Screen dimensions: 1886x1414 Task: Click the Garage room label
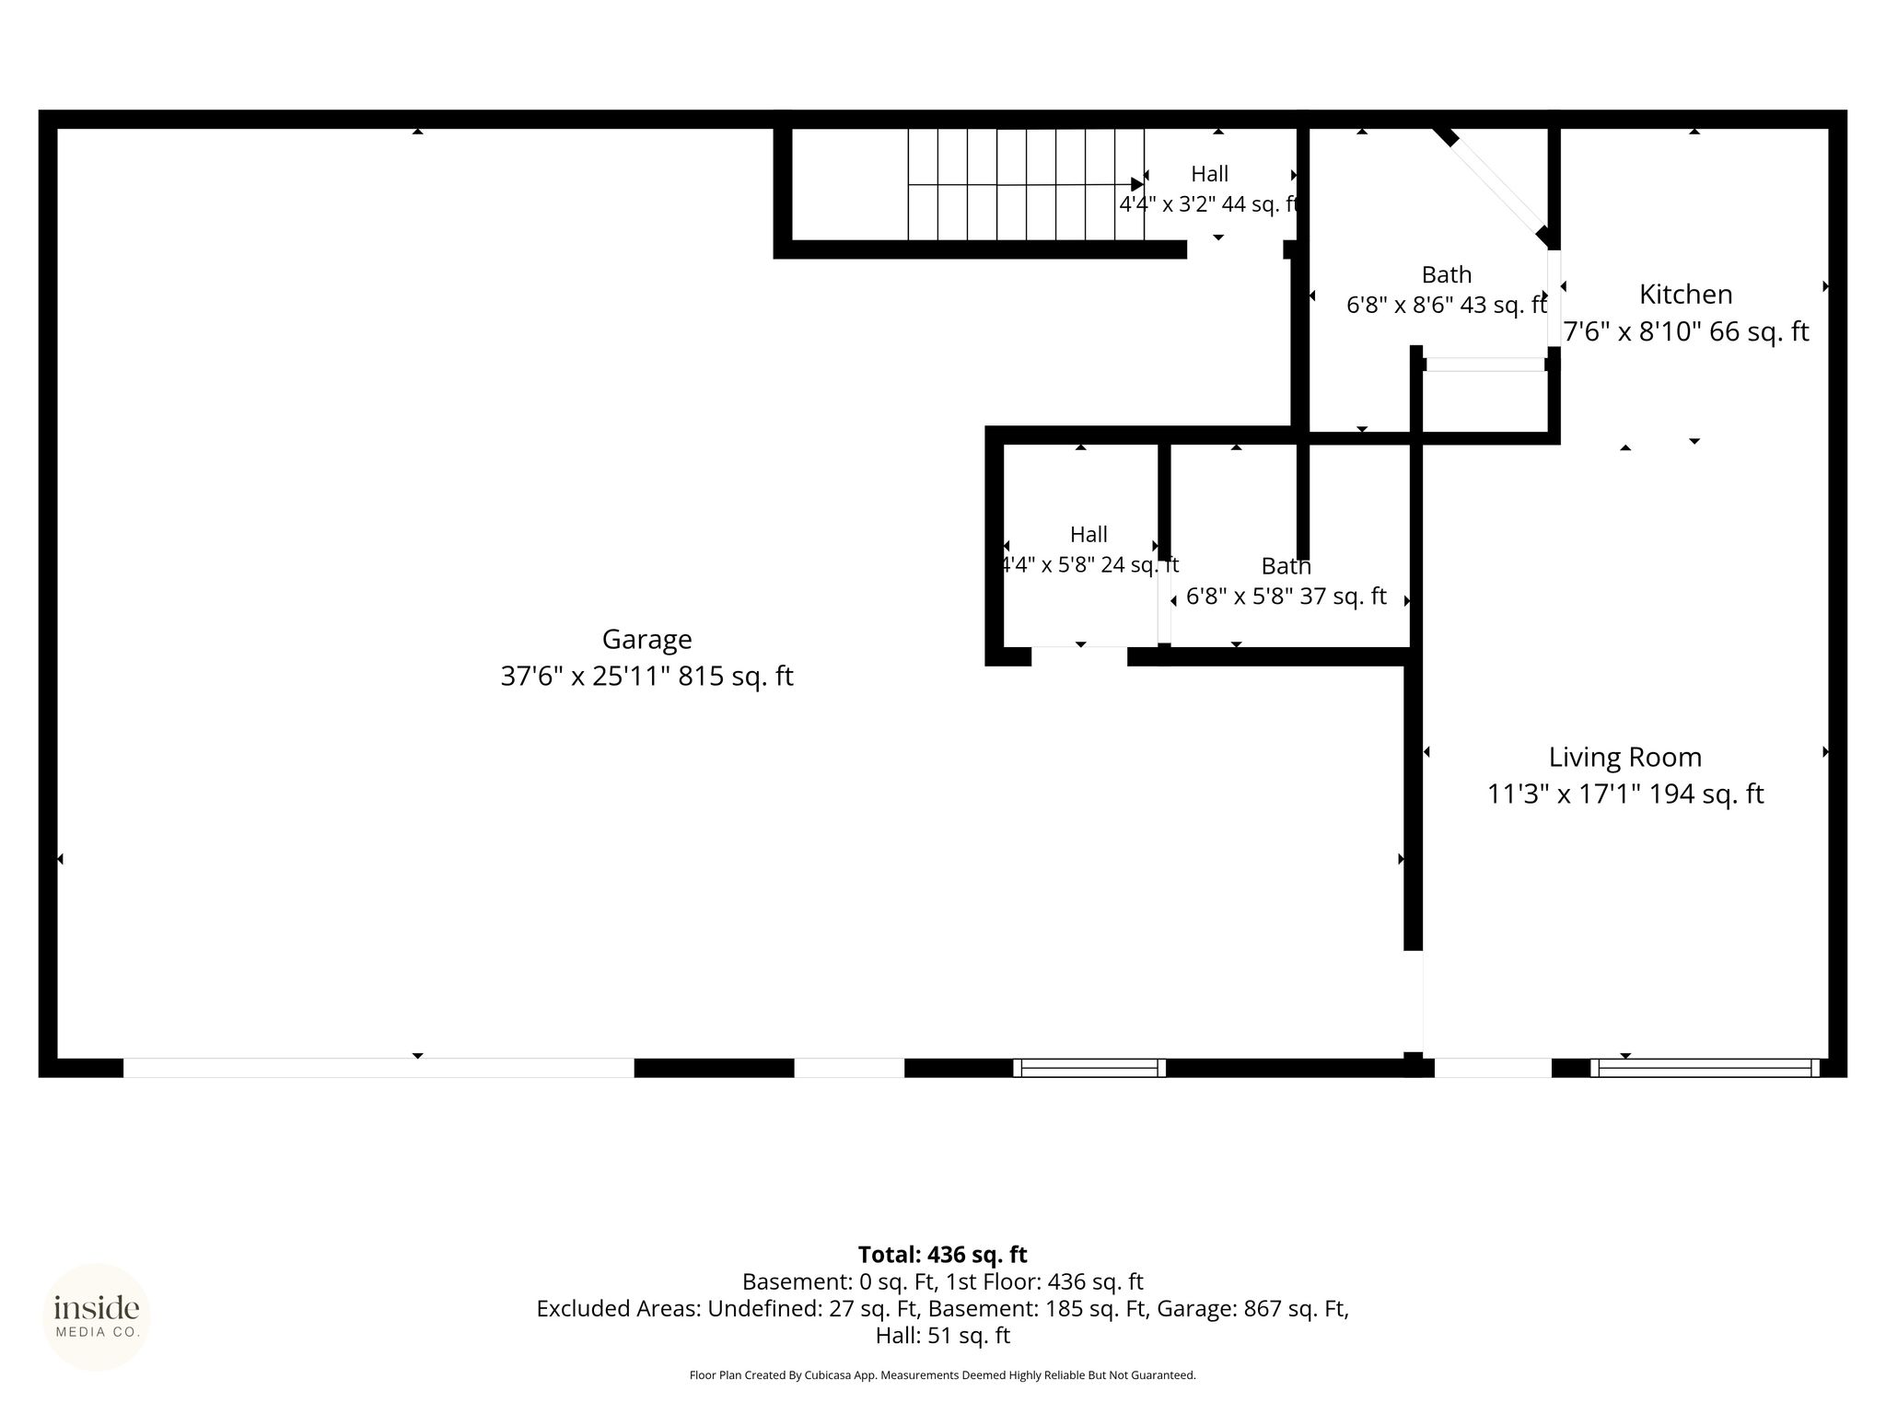(646, 639)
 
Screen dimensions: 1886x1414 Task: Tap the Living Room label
(1624, 758)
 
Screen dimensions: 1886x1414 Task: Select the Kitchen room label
(1685, 294)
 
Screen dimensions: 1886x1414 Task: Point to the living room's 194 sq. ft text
(1706, 794)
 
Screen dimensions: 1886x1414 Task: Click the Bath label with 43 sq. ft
(1447, 274)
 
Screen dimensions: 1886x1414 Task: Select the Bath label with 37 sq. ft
(1286, 565)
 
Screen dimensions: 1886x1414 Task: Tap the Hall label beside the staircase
(1209, 174)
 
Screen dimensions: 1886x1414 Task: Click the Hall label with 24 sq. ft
(1089, 534)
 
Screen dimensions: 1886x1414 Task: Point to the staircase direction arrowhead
(1137, 184)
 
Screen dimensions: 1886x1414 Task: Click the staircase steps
(1026, 184)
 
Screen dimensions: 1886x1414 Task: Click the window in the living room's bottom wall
(1705, 1068)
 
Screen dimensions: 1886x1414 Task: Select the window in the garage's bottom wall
(1089, 1068)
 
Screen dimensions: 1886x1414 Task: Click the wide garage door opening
(378, 1068)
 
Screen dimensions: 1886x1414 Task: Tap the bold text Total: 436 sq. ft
(942, 1255)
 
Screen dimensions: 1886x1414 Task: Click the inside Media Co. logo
(97, 1316)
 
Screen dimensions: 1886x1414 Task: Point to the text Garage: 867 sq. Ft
(1252, 1308)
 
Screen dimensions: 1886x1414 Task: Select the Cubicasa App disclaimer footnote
(942, 1375)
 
